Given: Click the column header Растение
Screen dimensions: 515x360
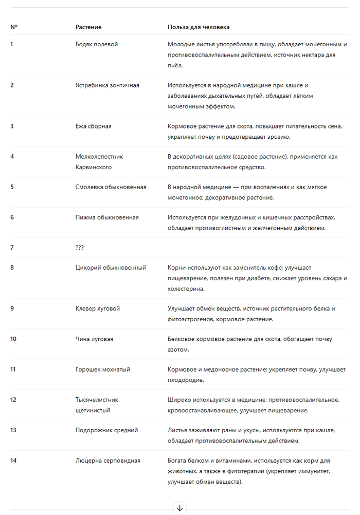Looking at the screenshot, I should (88, 27).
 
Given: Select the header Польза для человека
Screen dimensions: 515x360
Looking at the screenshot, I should (199, 27).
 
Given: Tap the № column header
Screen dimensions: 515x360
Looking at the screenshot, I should (14, 27).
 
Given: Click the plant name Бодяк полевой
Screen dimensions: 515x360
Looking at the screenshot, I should (97, 44).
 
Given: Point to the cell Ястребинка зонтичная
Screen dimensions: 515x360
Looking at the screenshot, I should (107, 85).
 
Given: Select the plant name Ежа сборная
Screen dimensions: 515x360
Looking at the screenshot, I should (93, 126).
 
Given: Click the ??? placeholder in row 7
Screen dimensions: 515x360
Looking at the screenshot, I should (80, 248).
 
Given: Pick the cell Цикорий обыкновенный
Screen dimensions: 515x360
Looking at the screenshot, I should (111, 268).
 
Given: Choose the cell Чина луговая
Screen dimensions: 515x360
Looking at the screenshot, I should (94, 339).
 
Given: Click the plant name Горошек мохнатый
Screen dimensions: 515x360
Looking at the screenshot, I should (102, 370).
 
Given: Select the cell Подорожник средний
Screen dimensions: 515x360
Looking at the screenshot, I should (106, 430).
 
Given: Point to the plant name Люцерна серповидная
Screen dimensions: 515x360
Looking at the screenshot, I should (108, 461).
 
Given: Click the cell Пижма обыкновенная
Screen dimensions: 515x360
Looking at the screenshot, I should (107, 217).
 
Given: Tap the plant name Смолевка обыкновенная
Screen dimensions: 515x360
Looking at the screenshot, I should (111, 187).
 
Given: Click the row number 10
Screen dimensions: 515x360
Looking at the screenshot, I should (13, 339).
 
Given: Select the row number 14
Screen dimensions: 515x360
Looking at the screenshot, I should (13, 461).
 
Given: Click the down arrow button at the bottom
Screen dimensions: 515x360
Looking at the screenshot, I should (179, 508).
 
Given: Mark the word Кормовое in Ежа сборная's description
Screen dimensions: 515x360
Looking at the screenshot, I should (182, 126).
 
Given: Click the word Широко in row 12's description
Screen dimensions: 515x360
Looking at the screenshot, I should (179, 400).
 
